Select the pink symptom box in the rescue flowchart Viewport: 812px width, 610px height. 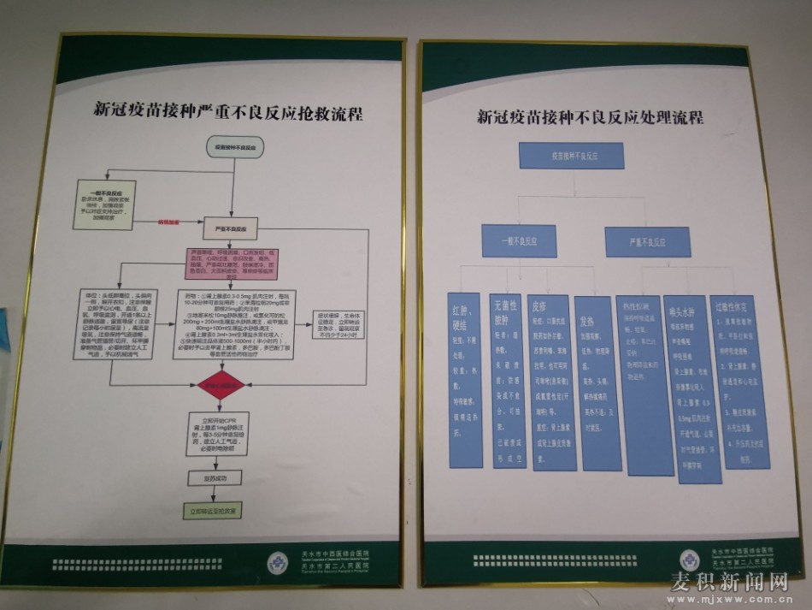point(232,264)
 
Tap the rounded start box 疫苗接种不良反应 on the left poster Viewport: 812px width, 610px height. point(236,148)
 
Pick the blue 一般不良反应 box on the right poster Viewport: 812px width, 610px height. point(518,241)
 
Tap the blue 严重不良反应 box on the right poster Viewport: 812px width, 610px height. point(648,241)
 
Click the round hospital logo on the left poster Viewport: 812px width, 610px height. point(279,563)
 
